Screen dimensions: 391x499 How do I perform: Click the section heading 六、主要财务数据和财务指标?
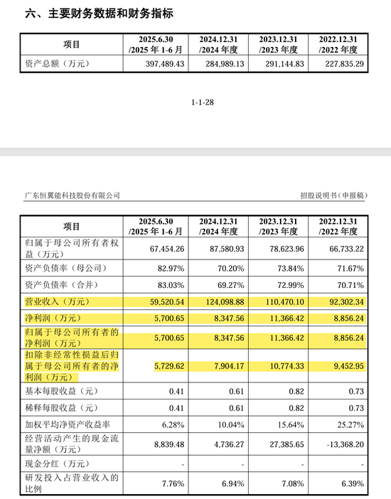tap(100, 14)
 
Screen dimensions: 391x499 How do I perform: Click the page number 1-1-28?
tap(203, 103)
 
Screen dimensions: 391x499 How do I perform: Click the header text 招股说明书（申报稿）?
tap(336, 195)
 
